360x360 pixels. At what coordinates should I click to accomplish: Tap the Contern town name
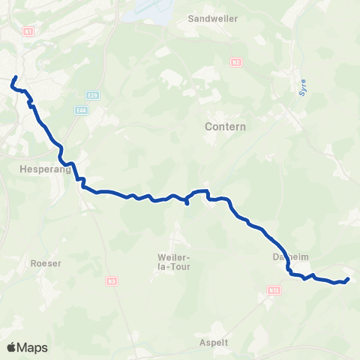point(225,127)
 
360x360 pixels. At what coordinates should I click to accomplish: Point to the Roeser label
point(46,263)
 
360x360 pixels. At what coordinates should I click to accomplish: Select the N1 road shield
point(28,31)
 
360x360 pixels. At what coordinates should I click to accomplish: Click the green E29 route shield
point(92,94)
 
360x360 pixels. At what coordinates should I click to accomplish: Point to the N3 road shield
point(111,281)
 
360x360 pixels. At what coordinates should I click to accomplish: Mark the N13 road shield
point(274,288)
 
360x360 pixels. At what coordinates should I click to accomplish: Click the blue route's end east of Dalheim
point(348,280)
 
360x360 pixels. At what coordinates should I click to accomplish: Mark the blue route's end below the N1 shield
point(15,76)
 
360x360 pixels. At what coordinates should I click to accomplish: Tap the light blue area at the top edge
point(157,9)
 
